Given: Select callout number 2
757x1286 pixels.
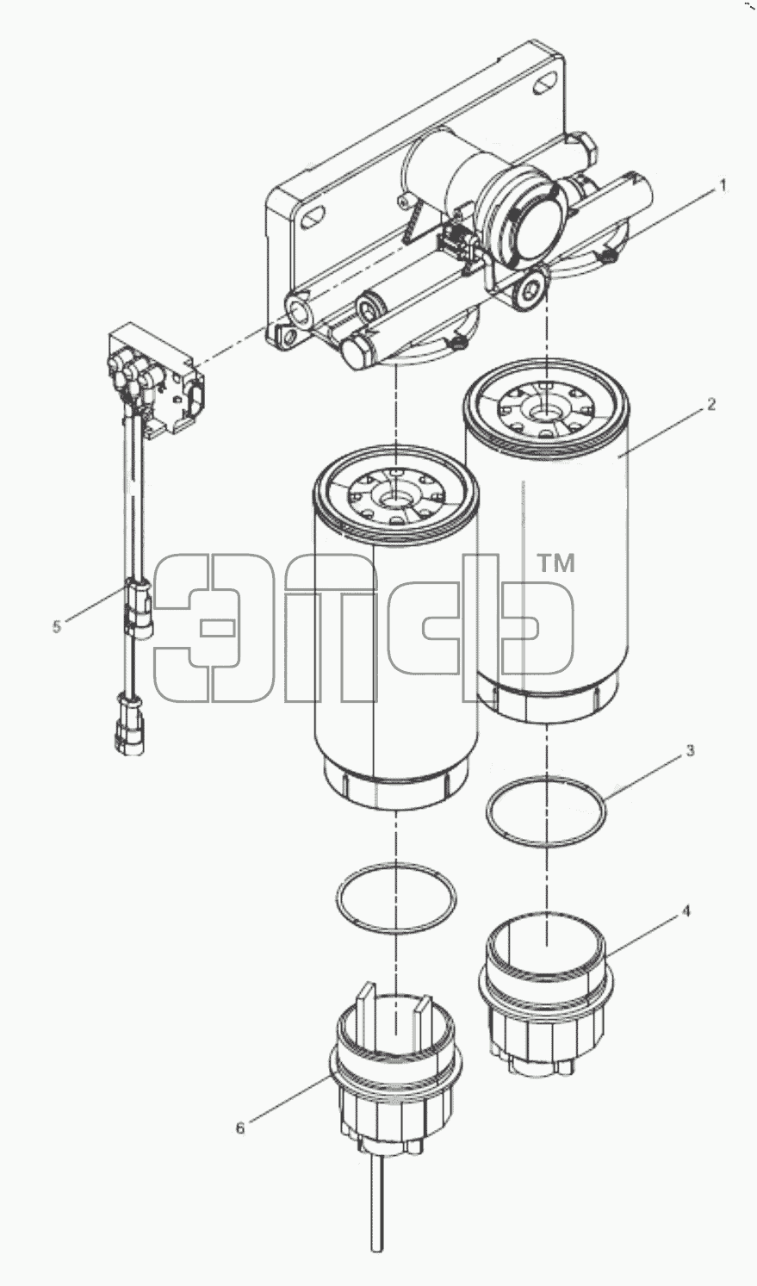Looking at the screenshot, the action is (x=711, y=405).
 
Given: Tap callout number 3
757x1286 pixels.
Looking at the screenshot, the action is (x=691, y=750).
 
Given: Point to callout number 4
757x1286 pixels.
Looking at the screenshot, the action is (x=686, y=911).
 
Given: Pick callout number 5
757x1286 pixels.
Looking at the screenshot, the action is (x=56, y=626).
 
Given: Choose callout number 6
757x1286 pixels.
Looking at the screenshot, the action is (x=240, y=1128).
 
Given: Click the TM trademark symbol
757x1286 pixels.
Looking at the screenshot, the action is (x=555, y=564).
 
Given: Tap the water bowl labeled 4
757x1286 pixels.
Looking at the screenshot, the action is (x=546, y=1011).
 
